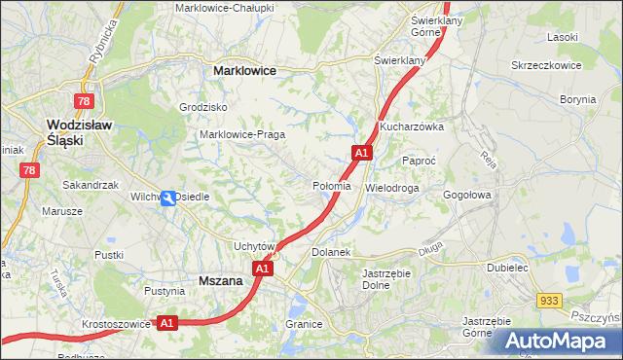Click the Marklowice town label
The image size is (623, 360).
click(244, 71)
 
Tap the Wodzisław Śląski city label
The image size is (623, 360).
click(81, 131)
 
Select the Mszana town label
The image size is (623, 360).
click(220, 280)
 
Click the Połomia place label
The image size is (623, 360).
click(331, 186)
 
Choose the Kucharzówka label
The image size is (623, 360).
click(412, 127)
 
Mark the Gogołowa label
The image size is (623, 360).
click(469, 195)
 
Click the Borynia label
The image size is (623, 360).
click(577, 99)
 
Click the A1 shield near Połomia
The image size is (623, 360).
click(361, 153)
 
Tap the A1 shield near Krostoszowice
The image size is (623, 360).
click(166, 323)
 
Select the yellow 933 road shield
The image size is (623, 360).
click(550, 302)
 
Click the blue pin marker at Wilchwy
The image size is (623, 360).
click(168, 198)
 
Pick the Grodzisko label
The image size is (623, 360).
click(203, 107)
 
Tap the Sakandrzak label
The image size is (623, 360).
click(90, 184)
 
